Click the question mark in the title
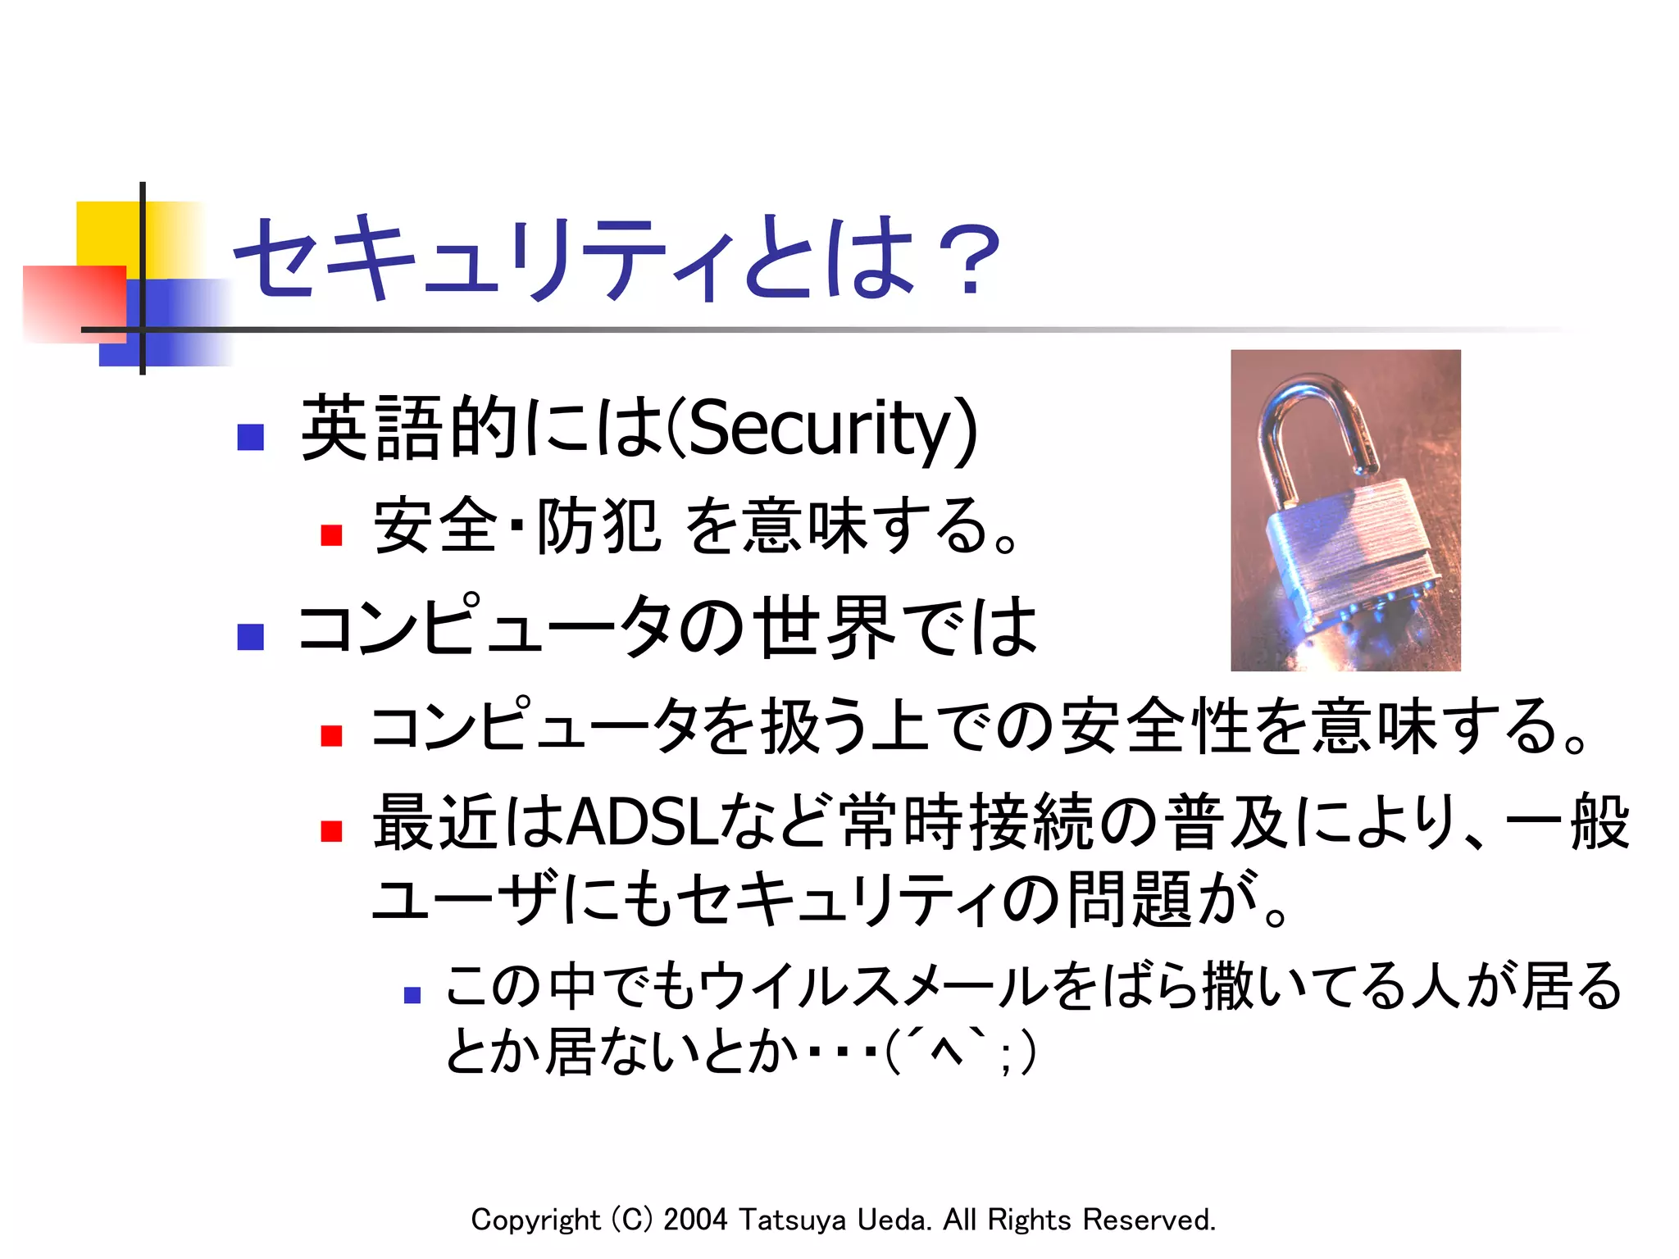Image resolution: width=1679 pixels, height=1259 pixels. coord(970,261)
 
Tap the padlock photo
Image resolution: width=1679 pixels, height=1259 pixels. coord(1345,510)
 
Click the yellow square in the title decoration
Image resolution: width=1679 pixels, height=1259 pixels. coord(107,233)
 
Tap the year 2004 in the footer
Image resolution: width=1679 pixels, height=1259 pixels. coord(695,1220)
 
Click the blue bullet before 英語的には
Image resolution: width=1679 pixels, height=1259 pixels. coord(250,436)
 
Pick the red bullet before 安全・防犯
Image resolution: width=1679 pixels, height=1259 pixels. coord(331,534)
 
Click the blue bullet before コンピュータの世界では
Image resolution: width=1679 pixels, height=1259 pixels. coord(250,636)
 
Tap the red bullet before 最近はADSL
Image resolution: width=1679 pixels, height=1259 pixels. coord(331,829)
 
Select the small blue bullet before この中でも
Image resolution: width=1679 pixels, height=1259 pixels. coord(412,995)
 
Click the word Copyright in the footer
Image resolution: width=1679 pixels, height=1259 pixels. coord(535,1220)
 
